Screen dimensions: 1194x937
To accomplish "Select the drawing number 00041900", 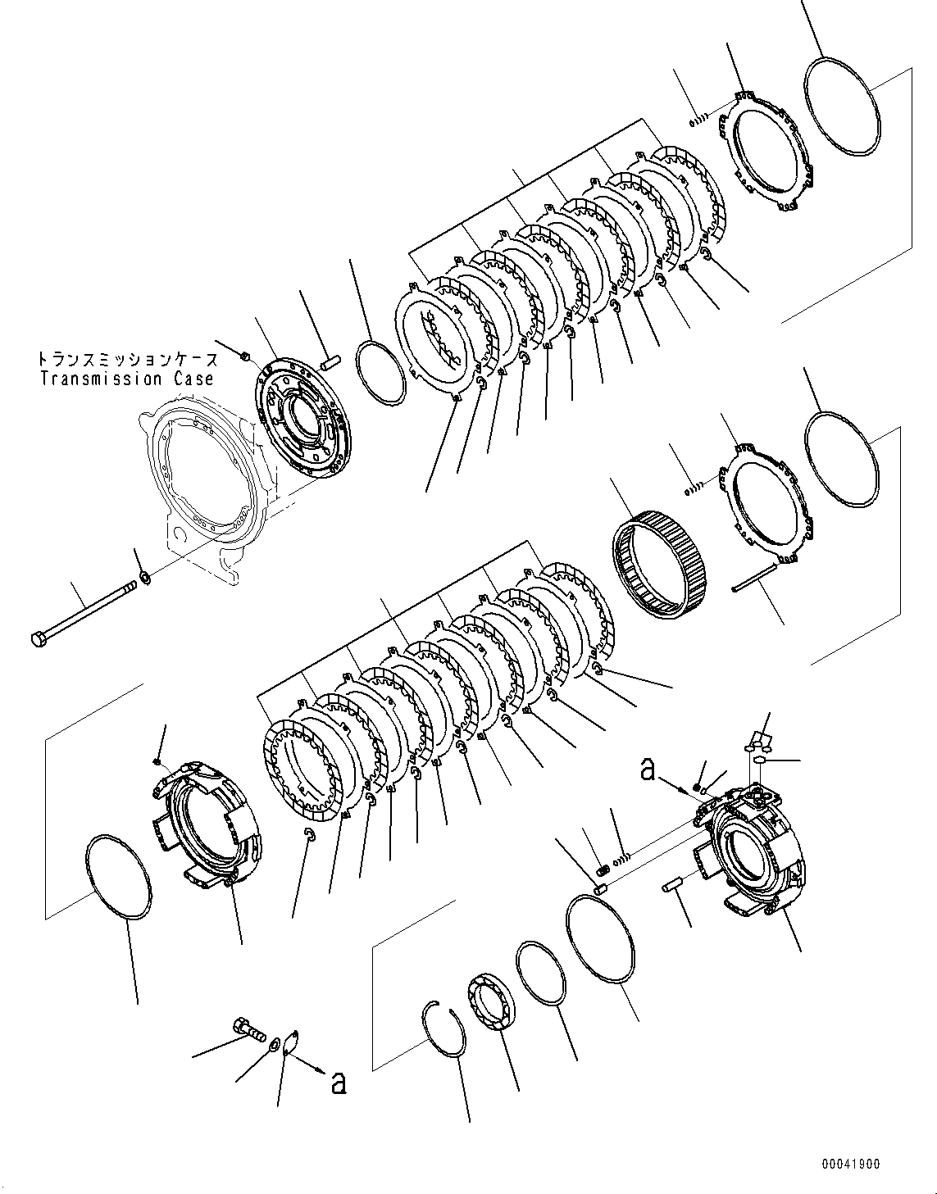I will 852,1163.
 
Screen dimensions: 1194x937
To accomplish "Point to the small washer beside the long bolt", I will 145,579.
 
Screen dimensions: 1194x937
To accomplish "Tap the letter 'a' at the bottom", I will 337,1083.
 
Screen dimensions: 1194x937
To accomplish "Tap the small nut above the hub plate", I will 244,354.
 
